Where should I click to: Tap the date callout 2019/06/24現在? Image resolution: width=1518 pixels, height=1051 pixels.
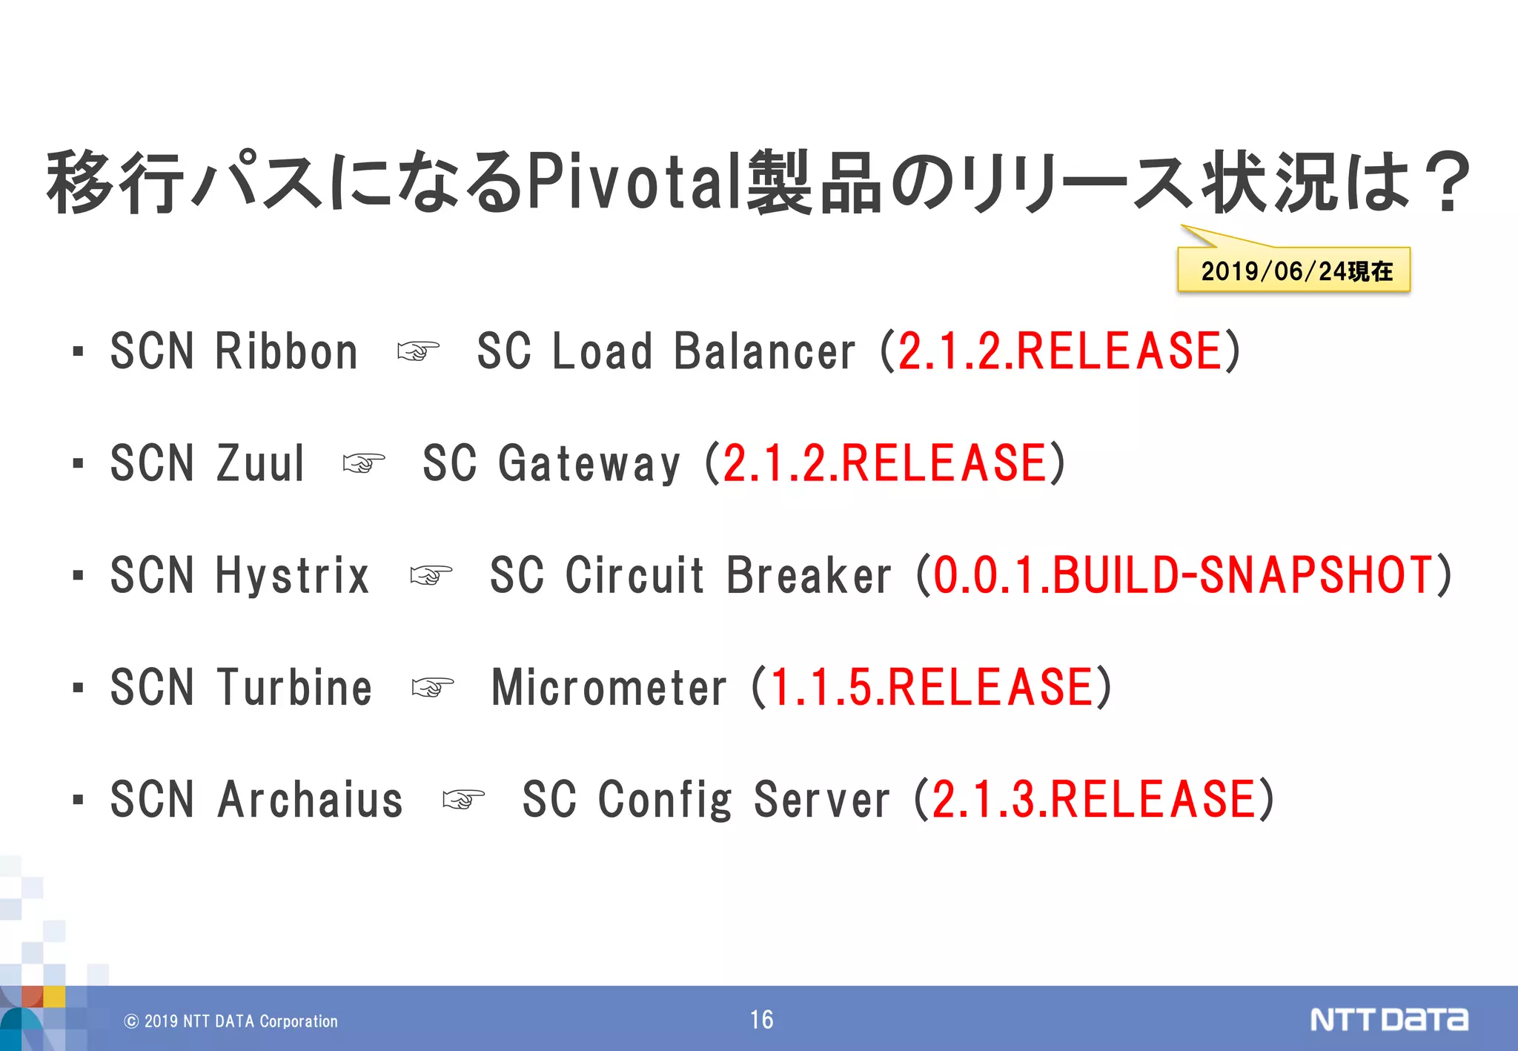[x=1296, y=271]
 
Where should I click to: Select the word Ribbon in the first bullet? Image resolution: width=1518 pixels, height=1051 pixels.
[x=286, y=351]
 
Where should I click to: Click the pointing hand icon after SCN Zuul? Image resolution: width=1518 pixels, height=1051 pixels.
[x=364, y=464]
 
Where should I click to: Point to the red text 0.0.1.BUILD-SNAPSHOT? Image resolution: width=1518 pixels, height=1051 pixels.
[x=1183, y=575]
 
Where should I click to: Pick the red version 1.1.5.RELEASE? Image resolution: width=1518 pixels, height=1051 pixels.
[x=932, y=687]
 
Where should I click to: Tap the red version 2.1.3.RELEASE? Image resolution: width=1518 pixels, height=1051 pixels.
[x=1094, y=800]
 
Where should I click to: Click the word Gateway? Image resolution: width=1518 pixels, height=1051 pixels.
[x=589, y=464]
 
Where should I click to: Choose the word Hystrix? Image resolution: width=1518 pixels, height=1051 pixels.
[x=292, y=576]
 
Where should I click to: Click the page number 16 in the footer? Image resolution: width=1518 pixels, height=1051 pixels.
[x=761, y=1020]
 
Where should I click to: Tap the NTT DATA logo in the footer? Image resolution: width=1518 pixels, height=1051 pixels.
[x=1388, y=1020]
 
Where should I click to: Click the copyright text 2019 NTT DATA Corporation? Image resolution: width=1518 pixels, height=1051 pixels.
[x=231, y=1021]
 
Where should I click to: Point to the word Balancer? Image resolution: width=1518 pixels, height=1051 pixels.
[x=765, y=351]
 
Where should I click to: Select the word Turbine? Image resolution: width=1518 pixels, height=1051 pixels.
[x=294, y=688]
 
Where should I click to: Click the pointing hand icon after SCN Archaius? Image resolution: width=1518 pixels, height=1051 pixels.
[x=463, y=800]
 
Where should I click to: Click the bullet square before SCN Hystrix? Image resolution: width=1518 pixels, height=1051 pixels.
[x=79, y=576]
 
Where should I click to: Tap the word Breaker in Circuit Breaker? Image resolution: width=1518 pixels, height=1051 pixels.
[x=809, y=576]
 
